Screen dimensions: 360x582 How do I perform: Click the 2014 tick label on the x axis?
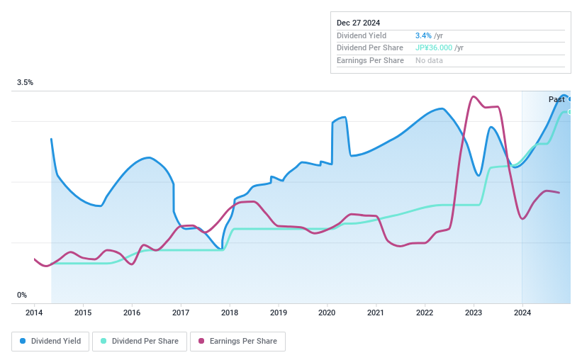click(34, 313)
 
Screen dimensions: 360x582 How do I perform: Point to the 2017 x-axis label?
click(180, 313)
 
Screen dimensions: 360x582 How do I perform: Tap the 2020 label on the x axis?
click(327, 313)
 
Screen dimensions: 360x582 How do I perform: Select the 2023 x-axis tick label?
click(473, 313)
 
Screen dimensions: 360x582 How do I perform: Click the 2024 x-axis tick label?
click(522, 313)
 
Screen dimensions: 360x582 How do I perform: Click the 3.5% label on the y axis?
click(26, 83)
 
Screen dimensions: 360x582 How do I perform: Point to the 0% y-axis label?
click(22, 295)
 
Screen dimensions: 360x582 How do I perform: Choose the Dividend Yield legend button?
click(50, 341)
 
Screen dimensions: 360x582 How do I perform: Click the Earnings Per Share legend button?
click(237, 341)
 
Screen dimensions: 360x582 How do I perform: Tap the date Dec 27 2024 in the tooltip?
click(358, 23)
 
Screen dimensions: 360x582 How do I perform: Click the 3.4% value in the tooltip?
click(423, 35)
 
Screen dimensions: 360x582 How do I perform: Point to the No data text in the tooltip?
click(430, 61)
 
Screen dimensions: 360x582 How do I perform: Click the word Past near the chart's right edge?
click(556, 100)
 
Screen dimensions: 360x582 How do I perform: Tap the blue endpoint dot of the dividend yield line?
click(570, 99)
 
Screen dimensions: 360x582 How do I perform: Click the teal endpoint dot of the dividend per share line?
click(570, 112)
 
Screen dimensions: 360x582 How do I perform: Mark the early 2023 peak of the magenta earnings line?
click(473, 96)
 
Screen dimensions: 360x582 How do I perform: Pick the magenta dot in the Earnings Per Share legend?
click(201, 341)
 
